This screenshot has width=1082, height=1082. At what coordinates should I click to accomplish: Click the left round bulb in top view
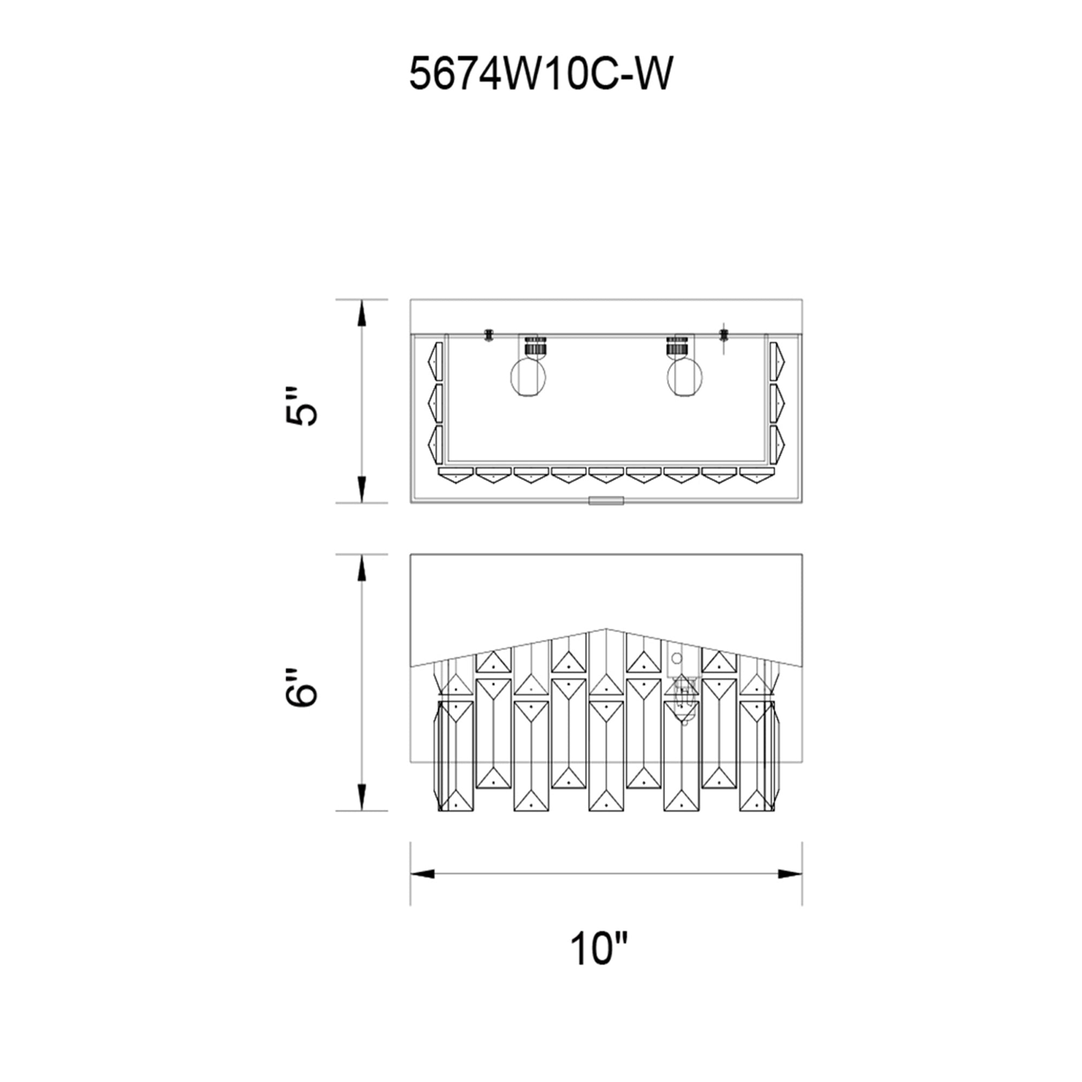tap(528, 378)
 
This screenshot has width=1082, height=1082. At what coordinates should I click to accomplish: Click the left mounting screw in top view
tap(489, 335)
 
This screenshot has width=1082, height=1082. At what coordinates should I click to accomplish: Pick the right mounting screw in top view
tap(723, 335)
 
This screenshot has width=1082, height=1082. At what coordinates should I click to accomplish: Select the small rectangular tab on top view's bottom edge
tap(606, 500)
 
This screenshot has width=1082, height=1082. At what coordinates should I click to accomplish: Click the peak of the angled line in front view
tap(606, 629)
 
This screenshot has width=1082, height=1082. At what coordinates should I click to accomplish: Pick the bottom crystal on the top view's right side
tap(777, 445)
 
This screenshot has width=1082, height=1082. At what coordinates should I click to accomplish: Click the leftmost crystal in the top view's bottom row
tap(456, 475)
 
